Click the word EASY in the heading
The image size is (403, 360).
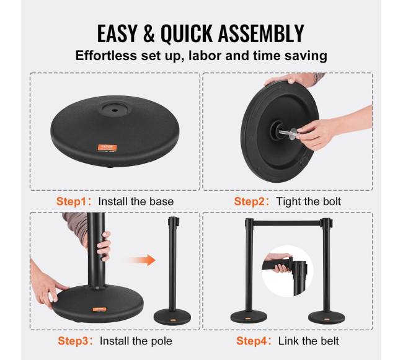point(117,33)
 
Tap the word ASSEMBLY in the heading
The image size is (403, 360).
point(261,33)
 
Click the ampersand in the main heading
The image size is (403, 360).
point(149,33)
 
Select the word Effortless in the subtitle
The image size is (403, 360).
point(106,56)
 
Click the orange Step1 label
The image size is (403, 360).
point(71,201)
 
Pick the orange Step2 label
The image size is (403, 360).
point(249,201)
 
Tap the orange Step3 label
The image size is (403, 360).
point(73,341)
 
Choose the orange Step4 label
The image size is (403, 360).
point(251,341)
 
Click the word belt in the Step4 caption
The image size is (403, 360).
point(329,341)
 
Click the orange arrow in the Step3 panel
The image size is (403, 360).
point(142,260)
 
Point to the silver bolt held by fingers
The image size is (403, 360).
point(288,132)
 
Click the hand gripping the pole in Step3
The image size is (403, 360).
point(104,247)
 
